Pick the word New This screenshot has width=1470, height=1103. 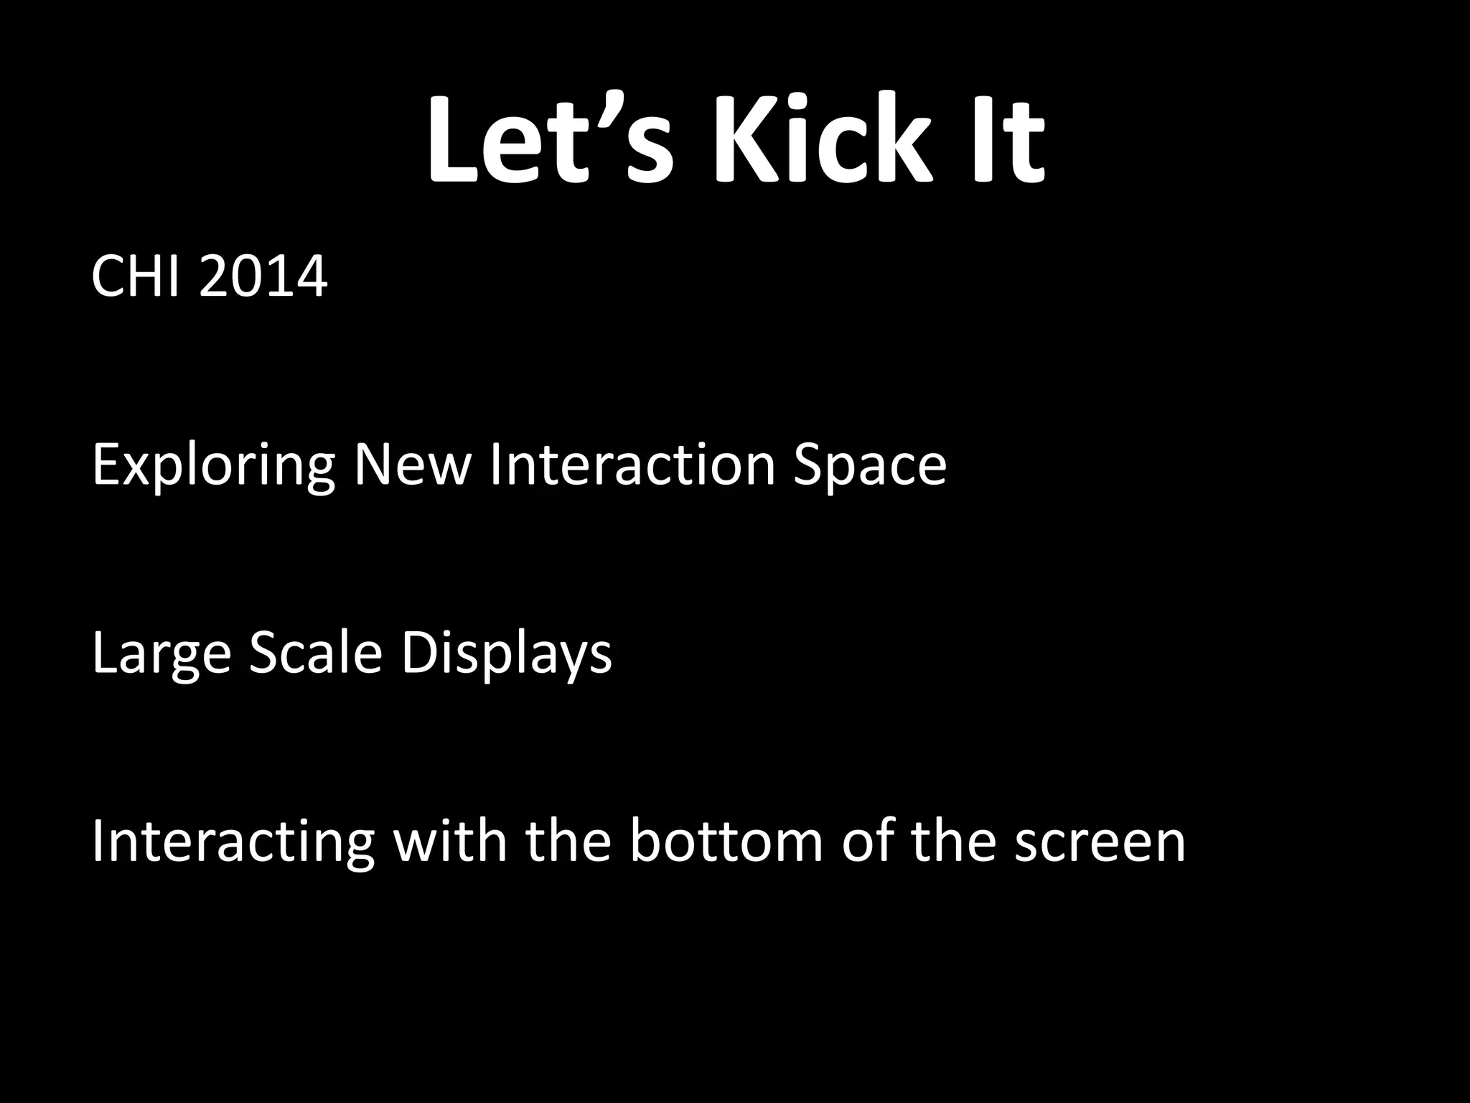(x=412, y=465)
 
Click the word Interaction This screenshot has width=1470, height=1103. (x=632, y=465)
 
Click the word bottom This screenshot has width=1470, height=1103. (x=726, y=842)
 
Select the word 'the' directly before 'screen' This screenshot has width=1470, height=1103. (x=954, y=842)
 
